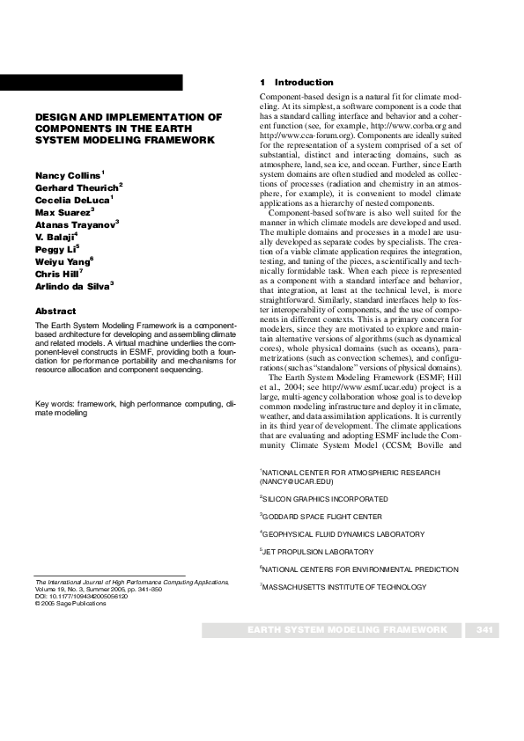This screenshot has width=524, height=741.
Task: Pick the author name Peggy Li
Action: click(x=55, y=250)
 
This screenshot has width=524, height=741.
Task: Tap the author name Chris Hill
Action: click(x=58, y=274)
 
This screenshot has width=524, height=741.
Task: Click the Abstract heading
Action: click(x=55, y=311)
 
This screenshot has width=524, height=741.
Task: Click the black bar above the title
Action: click(x=92, y=83)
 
